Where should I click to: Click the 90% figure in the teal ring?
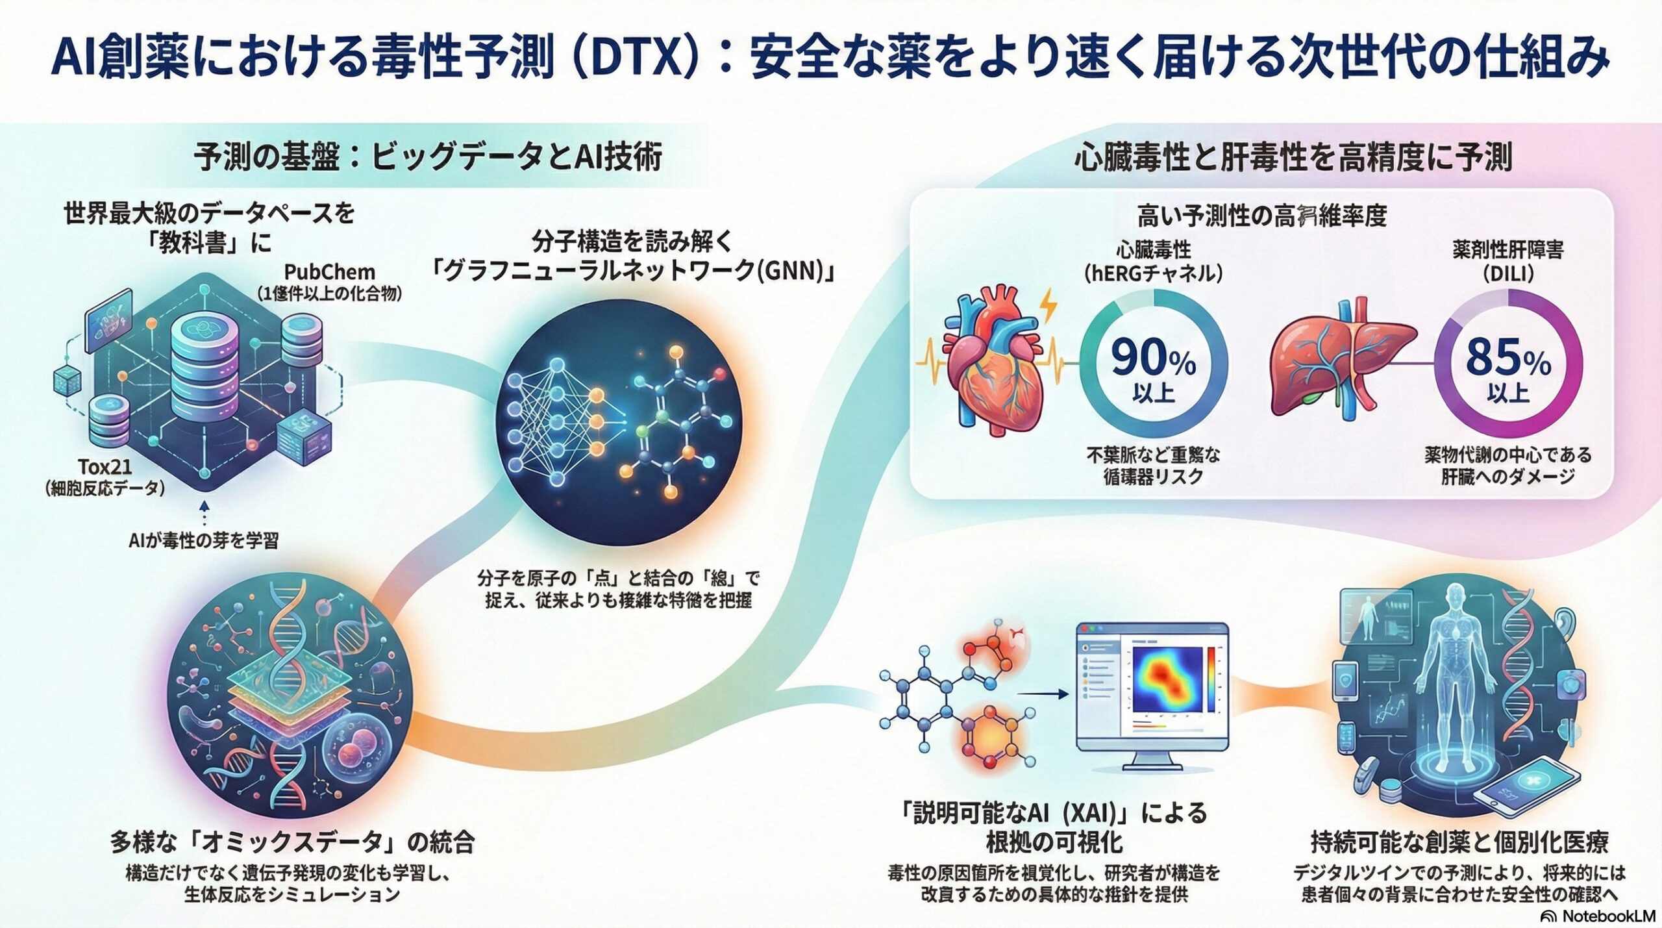point(1153,359)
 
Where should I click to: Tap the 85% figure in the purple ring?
point(1507,359)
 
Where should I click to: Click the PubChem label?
point(329,271)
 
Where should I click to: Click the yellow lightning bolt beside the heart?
point(1047,307)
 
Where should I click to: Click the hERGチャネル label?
point(1154,273)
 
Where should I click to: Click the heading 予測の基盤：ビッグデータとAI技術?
point(428,158)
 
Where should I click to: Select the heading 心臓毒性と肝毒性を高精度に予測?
point(1293,158)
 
